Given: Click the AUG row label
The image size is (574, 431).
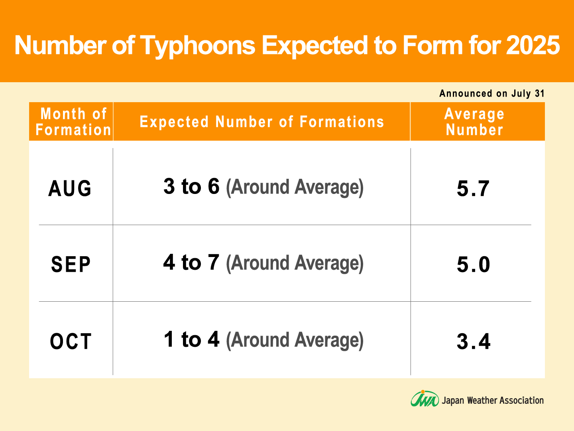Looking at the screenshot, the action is pos(70,188).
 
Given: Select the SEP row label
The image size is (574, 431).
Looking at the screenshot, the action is pos(71,264).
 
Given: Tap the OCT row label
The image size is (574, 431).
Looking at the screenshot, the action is pos(71,341).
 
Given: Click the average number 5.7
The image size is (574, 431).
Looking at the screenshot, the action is pos(473,188).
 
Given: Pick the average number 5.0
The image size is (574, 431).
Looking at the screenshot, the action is pos(473,264).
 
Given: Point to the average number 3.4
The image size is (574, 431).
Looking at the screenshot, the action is pos(474,341).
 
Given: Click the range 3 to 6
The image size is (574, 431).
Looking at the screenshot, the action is pos(191,186).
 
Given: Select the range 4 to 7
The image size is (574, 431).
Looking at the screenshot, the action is pos(191,262).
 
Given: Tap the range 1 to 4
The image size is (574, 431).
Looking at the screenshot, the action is pos(191,339).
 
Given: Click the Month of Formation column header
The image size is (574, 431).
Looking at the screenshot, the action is pos(73,122).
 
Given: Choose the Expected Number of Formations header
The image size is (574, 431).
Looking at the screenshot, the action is pos(262,122).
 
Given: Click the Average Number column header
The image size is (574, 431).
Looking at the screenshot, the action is pos(474,122).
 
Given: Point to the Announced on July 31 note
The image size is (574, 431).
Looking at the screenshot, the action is pos(491,93).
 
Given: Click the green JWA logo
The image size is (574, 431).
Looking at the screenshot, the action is pos(425,399).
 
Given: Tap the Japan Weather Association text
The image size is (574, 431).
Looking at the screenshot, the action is pos(493,400).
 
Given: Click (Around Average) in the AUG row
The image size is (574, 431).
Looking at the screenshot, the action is pos(295,188).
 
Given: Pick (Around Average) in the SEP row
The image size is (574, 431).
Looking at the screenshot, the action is pos(295,263).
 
